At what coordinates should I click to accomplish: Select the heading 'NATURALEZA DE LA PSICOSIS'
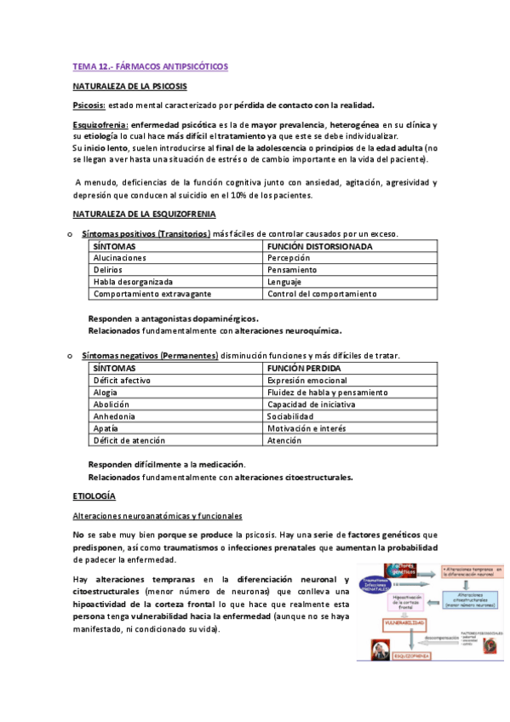click(x=130, y=86)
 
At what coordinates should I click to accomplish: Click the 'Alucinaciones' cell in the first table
click(x=120, y=257)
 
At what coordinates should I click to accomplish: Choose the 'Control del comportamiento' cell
click(x=321, y=294)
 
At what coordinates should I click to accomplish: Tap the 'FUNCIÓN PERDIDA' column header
click(x=303, y=368)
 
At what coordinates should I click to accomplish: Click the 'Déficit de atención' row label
click(x=126, y=441)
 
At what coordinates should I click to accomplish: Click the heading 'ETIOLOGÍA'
click(x=94, y=496)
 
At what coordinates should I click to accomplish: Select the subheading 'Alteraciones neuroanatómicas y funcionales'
click(x=157, y=516)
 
